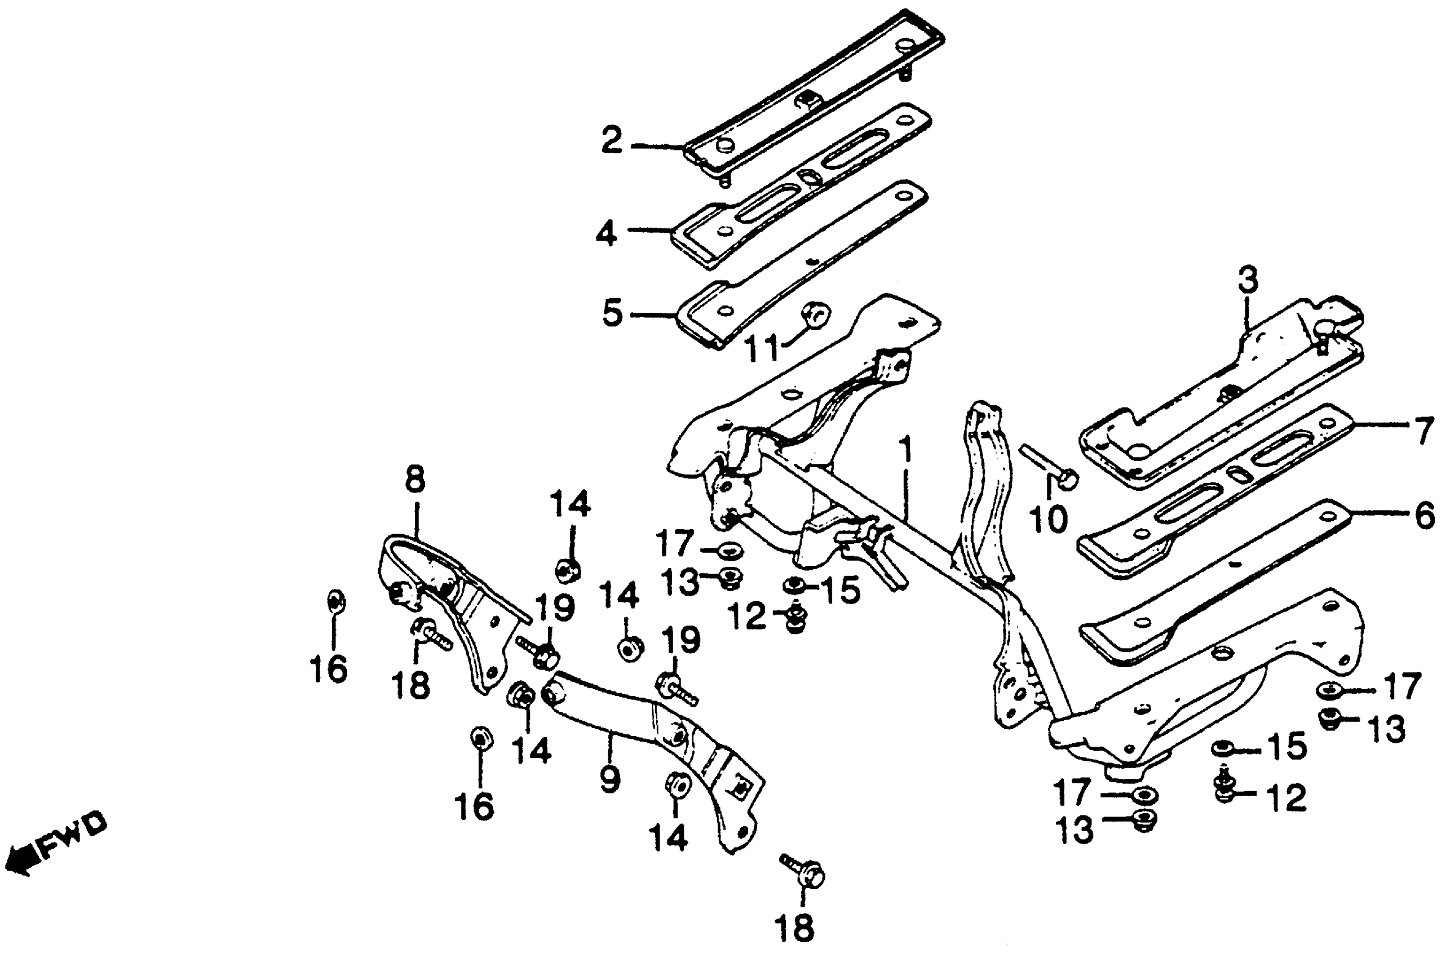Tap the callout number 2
(x=612, y=140)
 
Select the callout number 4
(x=607, y=233)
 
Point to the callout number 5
(x=612, y=313)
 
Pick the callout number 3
(x=1248, y=281)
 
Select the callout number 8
(x=415, y=480)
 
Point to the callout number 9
(x=610, y=779)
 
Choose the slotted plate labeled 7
(x=1216, y=489)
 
